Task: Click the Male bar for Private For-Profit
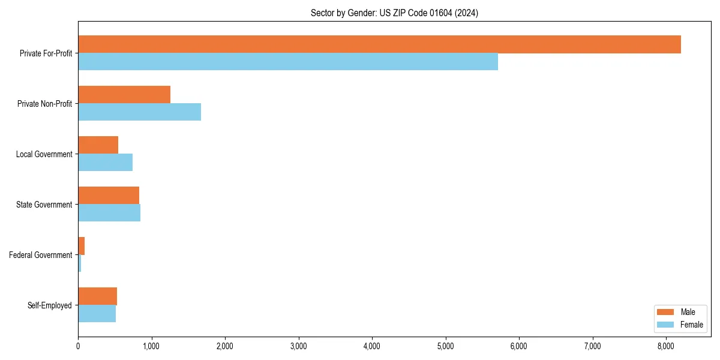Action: (x=379, y=44)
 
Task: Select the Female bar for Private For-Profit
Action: (x=288, y=62)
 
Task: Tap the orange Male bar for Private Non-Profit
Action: (x=124, y=95)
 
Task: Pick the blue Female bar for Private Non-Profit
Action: (x=139, y=112)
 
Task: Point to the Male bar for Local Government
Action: (x=98, y=145)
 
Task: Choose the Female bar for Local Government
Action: (x=105, y=163)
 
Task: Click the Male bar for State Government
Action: (x=109, y=196)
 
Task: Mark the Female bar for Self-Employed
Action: (x=97, y=314)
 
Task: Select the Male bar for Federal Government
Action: (x=82, y=246)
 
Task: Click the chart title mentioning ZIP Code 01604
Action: (x=394, y=13)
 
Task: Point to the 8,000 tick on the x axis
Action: (x=666, y=346)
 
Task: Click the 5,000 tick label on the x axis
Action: (x=445, y=346)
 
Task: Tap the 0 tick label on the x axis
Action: (x=78, y=346)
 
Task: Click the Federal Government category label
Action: (x=41, y=255)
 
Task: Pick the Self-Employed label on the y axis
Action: (x=50, y=305)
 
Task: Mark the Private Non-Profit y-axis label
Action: (x=44, y=104)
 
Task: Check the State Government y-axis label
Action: (x=44, y=205)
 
